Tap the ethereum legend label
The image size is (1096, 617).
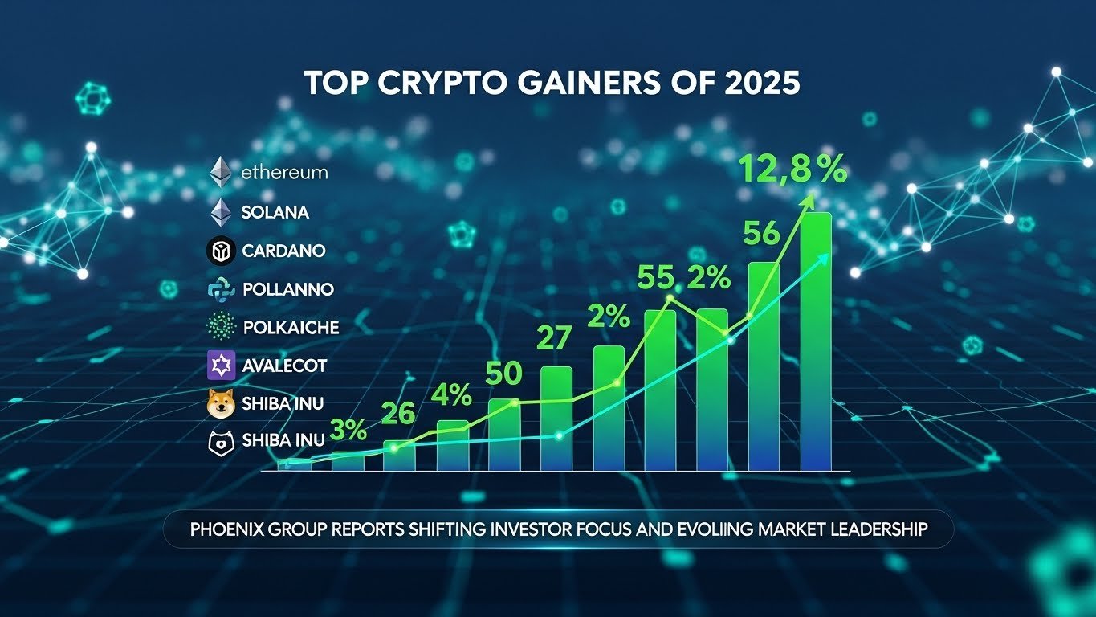[284, 173]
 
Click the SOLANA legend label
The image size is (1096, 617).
[275, 213]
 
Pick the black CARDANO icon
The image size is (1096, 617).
[220, 251]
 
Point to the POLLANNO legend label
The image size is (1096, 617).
[287, 289]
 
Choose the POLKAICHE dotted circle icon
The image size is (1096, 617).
[220, 327]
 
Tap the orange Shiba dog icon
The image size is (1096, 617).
[220, 403]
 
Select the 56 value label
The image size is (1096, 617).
[761, 234]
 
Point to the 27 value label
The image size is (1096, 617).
[554, 338]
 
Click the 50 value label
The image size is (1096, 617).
[503, 374]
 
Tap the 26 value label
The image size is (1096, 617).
[397, 414]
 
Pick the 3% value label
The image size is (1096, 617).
[348, 431]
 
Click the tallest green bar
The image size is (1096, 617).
[816, 341]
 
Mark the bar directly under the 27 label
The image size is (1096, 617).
[556, 418]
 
